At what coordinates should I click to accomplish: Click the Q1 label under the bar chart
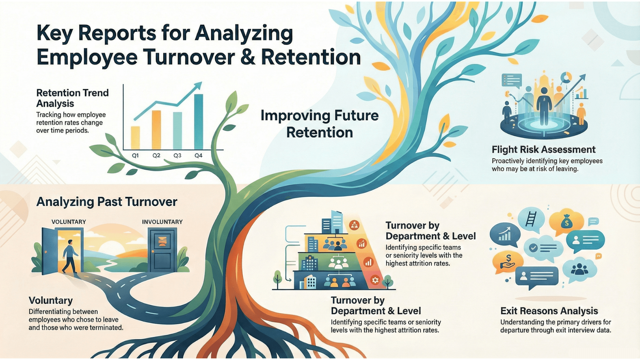click(135, 156)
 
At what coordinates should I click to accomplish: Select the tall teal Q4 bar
click(198, 122)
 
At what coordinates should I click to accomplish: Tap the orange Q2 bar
click(156, 130)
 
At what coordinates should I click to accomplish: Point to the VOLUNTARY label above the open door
click(69, 222)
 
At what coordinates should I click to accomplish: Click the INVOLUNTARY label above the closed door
click(162, 222)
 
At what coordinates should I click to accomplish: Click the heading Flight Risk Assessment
click(543, 150)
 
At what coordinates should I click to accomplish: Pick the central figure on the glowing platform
click(544, 105)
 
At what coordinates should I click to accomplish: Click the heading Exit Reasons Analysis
click(549, 311)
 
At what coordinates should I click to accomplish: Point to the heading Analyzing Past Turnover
click(107, 202)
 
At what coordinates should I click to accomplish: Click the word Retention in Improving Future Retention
click(319, 133)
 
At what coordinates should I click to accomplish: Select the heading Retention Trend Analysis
click(72, 98)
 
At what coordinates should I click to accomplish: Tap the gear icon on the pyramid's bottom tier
click(375, 280)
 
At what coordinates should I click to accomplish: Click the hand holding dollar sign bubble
click(508, 262)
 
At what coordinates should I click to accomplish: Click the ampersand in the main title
click(247, 57)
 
